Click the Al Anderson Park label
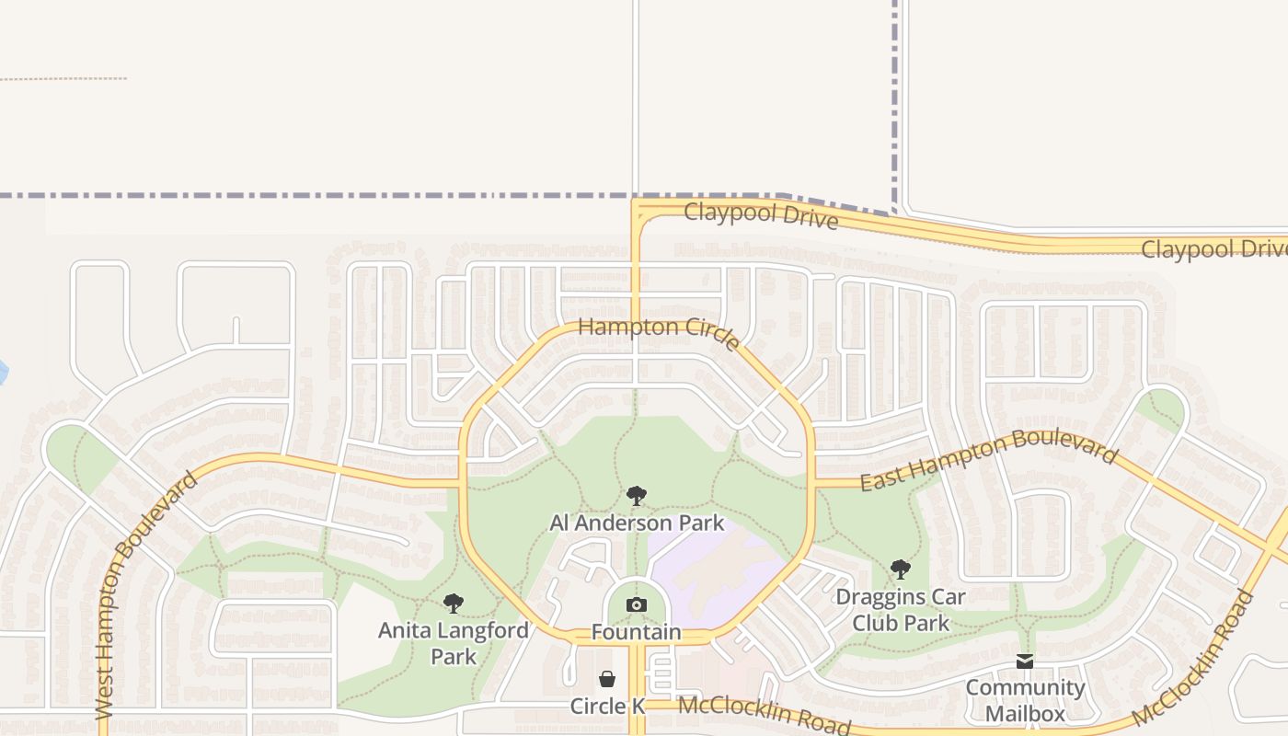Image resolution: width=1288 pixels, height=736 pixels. click(x=637, y=523)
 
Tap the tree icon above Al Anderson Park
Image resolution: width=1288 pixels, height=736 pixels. click(x=636, y=497)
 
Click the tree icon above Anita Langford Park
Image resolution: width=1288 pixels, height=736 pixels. click(x=453, y=604)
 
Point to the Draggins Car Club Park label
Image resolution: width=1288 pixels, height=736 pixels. click(x=900, y=610)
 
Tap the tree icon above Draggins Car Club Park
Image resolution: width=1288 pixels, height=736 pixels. click(x=900, y=569)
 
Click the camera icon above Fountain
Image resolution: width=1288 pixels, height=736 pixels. click(x=636, y=604)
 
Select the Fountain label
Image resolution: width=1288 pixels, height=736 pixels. click(x=636, y=633)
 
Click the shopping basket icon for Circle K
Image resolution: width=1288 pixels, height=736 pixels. click(x=607, y=679)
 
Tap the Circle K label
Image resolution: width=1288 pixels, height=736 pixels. click(x=607, y=707)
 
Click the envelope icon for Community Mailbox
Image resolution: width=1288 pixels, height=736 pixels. click(x=1025, y=661)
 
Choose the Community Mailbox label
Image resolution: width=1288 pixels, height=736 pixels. click(x=1025, y=700)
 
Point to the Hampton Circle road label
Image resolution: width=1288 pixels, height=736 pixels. click(x=659, y=332)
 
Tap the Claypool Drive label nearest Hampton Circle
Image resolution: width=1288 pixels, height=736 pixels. click(x=761, y=216)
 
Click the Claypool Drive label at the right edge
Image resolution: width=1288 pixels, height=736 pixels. click(x=1213, y=249)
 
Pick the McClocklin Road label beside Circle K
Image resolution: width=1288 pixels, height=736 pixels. click(x=765, y=714)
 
